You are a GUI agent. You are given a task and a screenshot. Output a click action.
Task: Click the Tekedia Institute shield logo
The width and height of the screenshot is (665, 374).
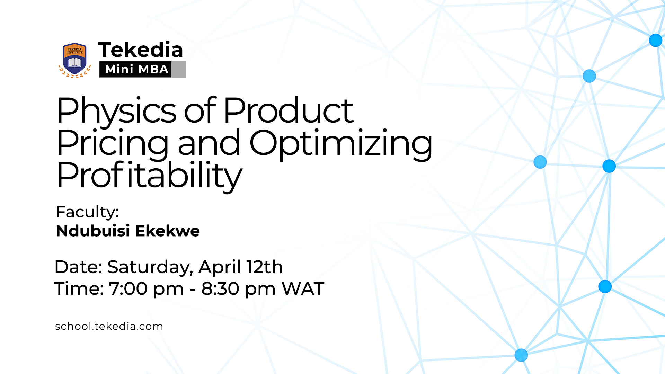click(x=74, y=60)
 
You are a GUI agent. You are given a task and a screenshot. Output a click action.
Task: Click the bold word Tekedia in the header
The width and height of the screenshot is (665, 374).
click(x=141, y=50)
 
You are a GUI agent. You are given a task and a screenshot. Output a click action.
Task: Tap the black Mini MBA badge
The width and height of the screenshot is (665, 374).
click(x=136, y=69)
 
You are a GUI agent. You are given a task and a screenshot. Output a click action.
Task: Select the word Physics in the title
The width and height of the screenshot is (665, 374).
click(x=116, y=111)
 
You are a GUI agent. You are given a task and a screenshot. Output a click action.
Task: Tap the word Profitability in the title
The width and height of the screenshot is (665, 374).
click(x=149, y=176)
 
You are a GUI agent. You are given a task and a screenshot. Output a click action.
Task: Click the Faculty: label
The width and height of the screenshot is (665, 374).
click(x=88, y=212)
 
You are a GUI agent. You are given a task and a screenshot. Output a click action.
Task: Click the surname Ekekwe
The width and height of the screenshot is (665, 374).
click(x=167, y=231)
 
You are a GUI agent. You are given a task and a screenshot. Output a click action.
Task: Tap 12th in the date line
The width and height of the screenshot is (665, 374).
click(x=265, y=267)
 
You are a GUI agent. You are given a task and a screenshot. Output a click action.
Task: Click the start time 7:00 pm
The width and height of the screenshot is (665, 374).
click(x=146, y=289)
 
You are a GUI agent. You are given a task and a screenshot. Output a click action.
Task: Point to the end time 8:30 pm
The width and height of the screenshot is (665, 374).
click(x=238, y=289)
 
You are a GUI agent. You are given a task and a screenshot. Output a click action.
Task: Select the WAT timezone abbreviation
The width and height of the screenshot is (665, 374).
click(x=303, y=289)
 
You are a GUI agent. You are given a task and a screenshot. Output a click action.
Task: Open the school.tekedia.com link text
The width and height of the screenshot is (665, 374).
click(x=109, y=326)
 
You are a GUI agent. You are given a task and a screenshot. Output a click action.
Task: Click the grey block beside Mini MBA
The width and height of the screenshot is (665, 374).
click(x=178, y=69)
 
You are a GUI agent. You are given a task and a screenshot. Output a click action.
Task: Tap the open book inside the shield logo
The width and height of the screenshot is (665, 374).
click(x=74, y=63)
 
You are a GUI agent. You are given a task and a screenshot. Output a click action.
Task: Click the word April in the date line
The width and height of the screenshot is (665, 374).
click(x=220, y=267)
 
